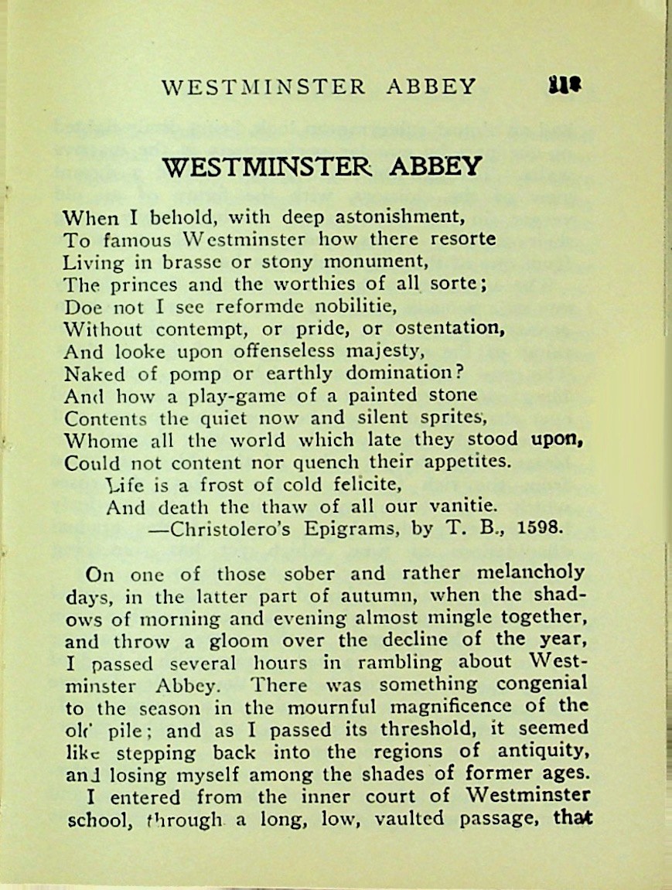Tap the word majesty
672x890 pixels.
384,350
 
